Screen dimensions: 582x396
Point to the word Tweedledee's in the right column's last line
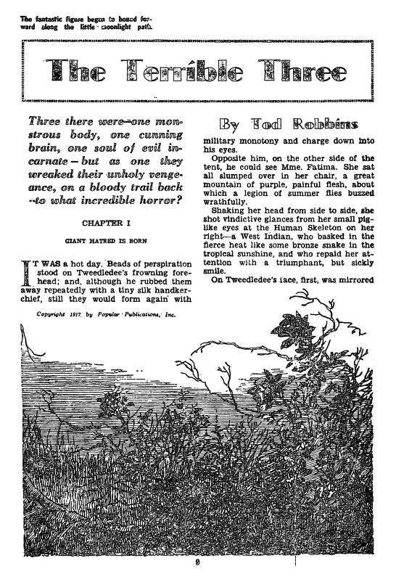pos(256,279)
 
